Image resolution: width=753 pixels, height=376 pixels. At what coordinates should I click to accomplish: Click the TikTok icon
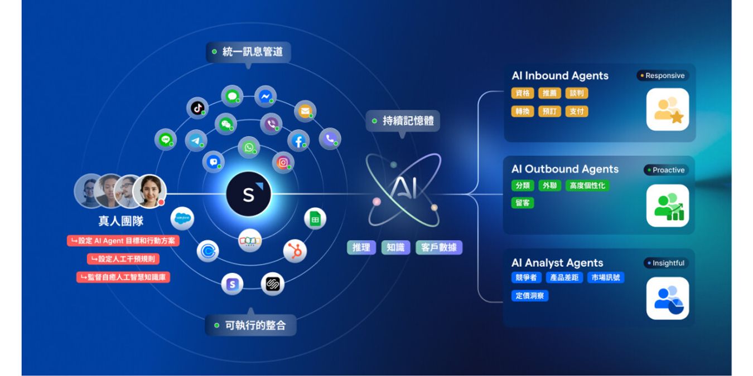click(197, 108)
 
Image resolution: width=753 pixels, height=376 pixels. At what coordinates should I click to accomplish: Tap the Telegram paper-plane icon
click(196, 140)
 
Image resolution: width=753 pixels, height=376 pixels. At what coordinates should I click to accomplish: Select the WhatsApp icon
click(249, 148)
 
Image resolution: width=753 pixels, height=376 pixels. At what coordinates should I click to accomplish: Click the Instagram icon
click(283, 163)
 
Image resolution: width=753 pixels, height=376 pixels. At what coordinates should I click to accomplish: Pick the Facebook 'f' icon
click(298, 141)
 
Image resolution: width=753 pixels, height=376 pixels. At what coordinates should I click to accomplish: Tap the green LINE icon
click(166, 139)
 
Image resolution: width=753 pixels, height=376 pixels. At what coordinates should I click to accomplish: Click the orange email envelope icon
click(305, 111)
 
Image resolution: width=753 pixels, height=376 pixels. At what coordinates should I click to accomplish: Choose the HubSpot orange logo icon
click(295, 251)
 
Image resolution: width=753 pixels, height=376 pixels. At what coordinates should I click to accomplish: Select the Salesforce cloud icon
click(182, 218)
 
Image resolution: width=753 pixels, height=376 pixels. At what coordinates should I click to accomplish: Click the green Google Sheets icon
click(315, 219)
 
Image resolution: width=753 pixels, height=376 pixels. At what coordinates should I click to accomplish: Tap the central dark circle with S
click(249, 194)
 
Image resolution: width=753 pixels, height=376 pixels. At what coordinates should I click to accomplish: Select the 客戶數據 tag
click(439, 248)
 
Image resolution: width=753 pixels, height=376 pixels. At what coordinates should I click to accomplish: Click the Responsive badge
click(662, 76)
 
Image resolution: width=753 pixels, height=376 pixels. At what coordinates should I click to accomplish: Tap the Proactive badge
click(666, 170)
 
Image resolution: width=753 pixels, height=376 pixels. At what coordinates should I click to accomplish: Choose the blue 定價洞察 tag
click(530, 296)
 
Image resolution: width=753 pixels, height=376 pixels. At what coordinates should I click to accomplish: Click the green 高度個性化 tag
click(587, 185)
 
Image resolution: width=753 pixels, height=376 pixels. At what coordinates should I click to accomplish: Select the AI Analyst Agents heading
click(557, 263)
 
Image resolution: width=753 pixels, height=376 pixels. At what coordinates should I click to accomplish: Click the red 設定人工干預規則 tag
click(123, 259)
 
